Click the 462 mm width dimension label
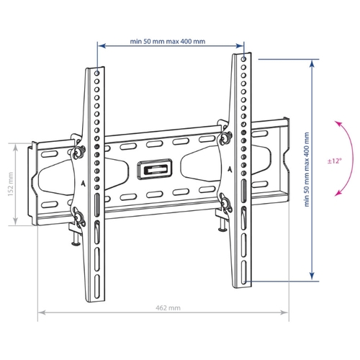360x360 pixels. point(168,307)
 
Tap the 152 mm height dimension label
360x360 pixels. point(11,184)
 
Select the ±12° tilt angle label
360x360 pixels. point(334,161)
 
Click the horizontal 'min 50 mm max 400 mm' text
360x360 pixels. point(168,42)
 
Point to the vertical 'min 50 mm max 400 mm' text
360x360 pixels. point(307,169)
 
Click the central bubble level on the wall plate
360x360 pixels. point(155,169)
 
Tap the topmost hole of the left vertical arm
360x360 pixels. point(97,73)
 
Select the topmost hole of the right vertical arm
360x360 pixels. point(243,59)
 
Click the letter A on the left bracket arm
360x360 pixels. point(83,184)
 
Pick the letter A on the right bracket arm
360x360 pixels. point(230,169)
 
